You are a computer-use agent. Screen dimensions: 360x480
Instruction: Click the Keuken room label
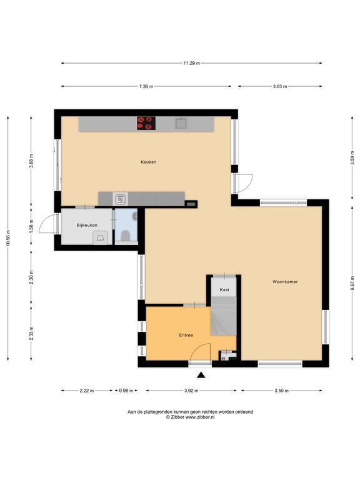coord(149,162)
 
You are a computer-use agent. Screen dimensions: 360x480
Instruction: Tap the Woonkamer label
coord(285,282)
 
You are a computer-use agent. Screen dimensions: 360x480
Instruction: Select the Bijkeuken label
coord(87,225)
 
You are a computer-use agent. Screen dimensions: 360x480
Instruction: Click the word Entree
coord(186,335)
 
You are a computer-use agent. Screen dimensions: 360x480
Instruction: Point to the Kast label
coord(224,289)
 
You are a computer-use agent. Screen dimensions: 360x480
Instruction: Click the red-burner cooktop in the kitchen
coord(146,123)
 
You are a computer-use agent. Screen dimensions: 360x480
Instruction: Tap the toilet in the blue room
coord(125,236)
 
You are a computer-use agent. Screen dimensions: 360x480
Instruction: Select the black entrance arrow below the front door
coord(201,375)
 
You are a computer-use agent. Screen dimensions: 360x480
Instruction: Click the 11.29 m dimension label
coord(192,63)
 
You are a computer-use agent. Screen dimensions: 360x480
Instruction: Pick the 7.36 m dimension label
coord(146,86)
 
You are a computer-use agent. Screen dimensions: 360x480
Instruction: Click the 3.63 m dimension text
coord(280,86)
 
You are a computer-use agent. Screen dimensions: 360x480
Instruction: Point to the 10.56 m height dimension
coord(8,237)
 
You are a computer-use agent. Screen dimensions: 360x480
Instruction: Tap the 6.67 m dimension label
coord(352,283)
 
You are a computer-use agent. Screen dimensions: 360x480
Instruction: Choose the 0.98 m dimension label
coord(126,391)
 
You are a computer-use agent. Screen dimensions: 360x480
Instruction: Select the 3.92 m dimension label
coord(191,391)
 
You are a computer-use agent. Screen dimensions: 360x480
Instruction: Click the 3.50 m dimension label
coord(281,391)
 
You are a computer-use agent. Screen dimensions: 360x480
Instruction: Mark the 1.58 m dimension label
coord(31,226)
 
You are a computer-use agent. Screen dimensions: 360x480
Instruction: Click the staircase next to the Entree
coord(224,315)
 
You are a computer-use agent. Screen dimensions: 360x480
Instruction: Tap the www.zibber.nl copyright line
coord(191,417)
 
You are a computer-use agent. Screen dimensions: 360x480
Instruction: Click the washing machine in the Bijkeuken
coord(101,238)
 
